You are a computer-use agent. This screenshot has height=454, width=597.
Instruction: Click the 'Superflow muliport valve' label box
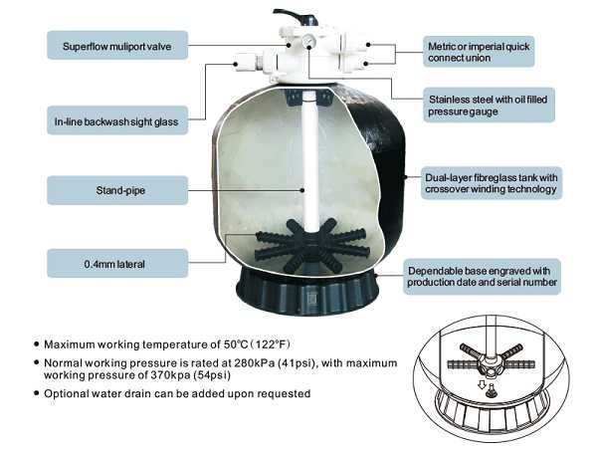(x=117, y=46)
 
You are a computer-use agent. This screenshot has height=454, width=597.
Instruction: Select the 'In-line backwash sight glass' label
(x=117, y=120)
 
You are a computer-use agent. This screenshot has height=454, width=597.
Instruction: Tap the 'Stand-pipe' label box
(x=117, y=190)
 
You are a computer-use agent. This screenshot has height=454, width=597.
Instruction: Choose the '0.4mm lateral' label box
(x=117, y=263)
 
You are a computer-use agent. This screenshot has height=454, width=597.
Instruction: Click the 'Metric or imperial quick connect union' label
(x=479, y=52)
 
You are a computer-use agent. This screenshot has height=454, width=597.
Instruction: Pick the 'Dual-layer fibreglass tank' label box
(x=492, y=183)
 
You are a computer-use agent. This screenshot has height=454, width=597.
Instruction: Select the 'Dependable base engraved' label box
(x=482, y=277)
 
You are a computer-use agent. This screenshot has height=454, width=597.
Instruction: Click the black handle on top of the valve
(x=297, y=17)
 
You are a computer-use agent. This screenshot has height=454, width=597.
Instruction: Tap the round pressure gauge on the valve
(x=308, y=40)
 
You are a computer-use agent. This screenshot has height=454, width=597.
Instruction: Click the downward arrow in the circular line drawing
(x=482, y=385)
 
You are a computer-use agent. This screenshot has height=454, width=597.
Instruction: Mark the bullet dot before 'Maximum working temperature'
(x=37, y=344)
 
